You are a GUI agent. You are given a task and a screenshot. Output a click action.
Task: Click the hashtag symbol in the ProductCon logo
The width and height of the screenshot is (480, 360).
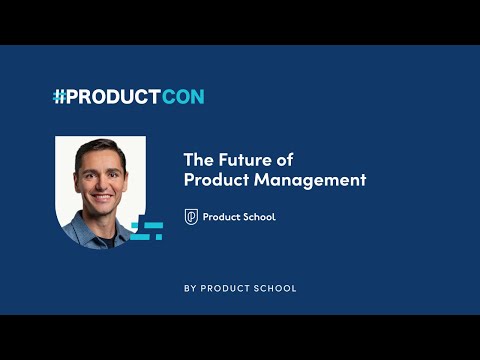click(x=59, y=97)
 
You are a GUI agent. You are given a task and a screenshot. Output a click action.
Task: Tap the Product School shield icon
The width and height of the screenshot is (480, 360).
click(x=191, y=217)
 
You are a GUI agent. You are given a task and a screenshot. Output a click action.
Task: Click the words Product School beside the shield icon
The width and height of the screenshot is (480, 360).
click(x=239, y=217)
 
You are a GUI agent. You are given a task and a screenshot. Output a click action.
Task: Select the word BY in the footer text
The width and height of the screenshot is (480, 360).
click(x=191, y=288)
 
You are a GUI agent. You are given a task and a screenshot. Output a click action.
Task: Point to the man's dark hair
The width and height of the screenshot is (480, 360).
click(x=101, y=151)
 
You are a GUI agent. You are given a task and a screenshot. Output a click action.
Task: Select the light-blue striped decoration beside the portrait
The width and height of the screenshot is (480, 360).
click(x=148, y=230)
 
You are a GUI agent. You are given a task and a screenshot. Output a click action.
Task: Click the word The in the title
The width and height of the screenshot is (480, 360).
click(x=197, y=160)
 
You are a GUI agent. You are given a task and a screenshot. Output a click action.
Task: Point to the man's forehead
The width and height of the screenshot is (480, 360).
click(x=101, y=163)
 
